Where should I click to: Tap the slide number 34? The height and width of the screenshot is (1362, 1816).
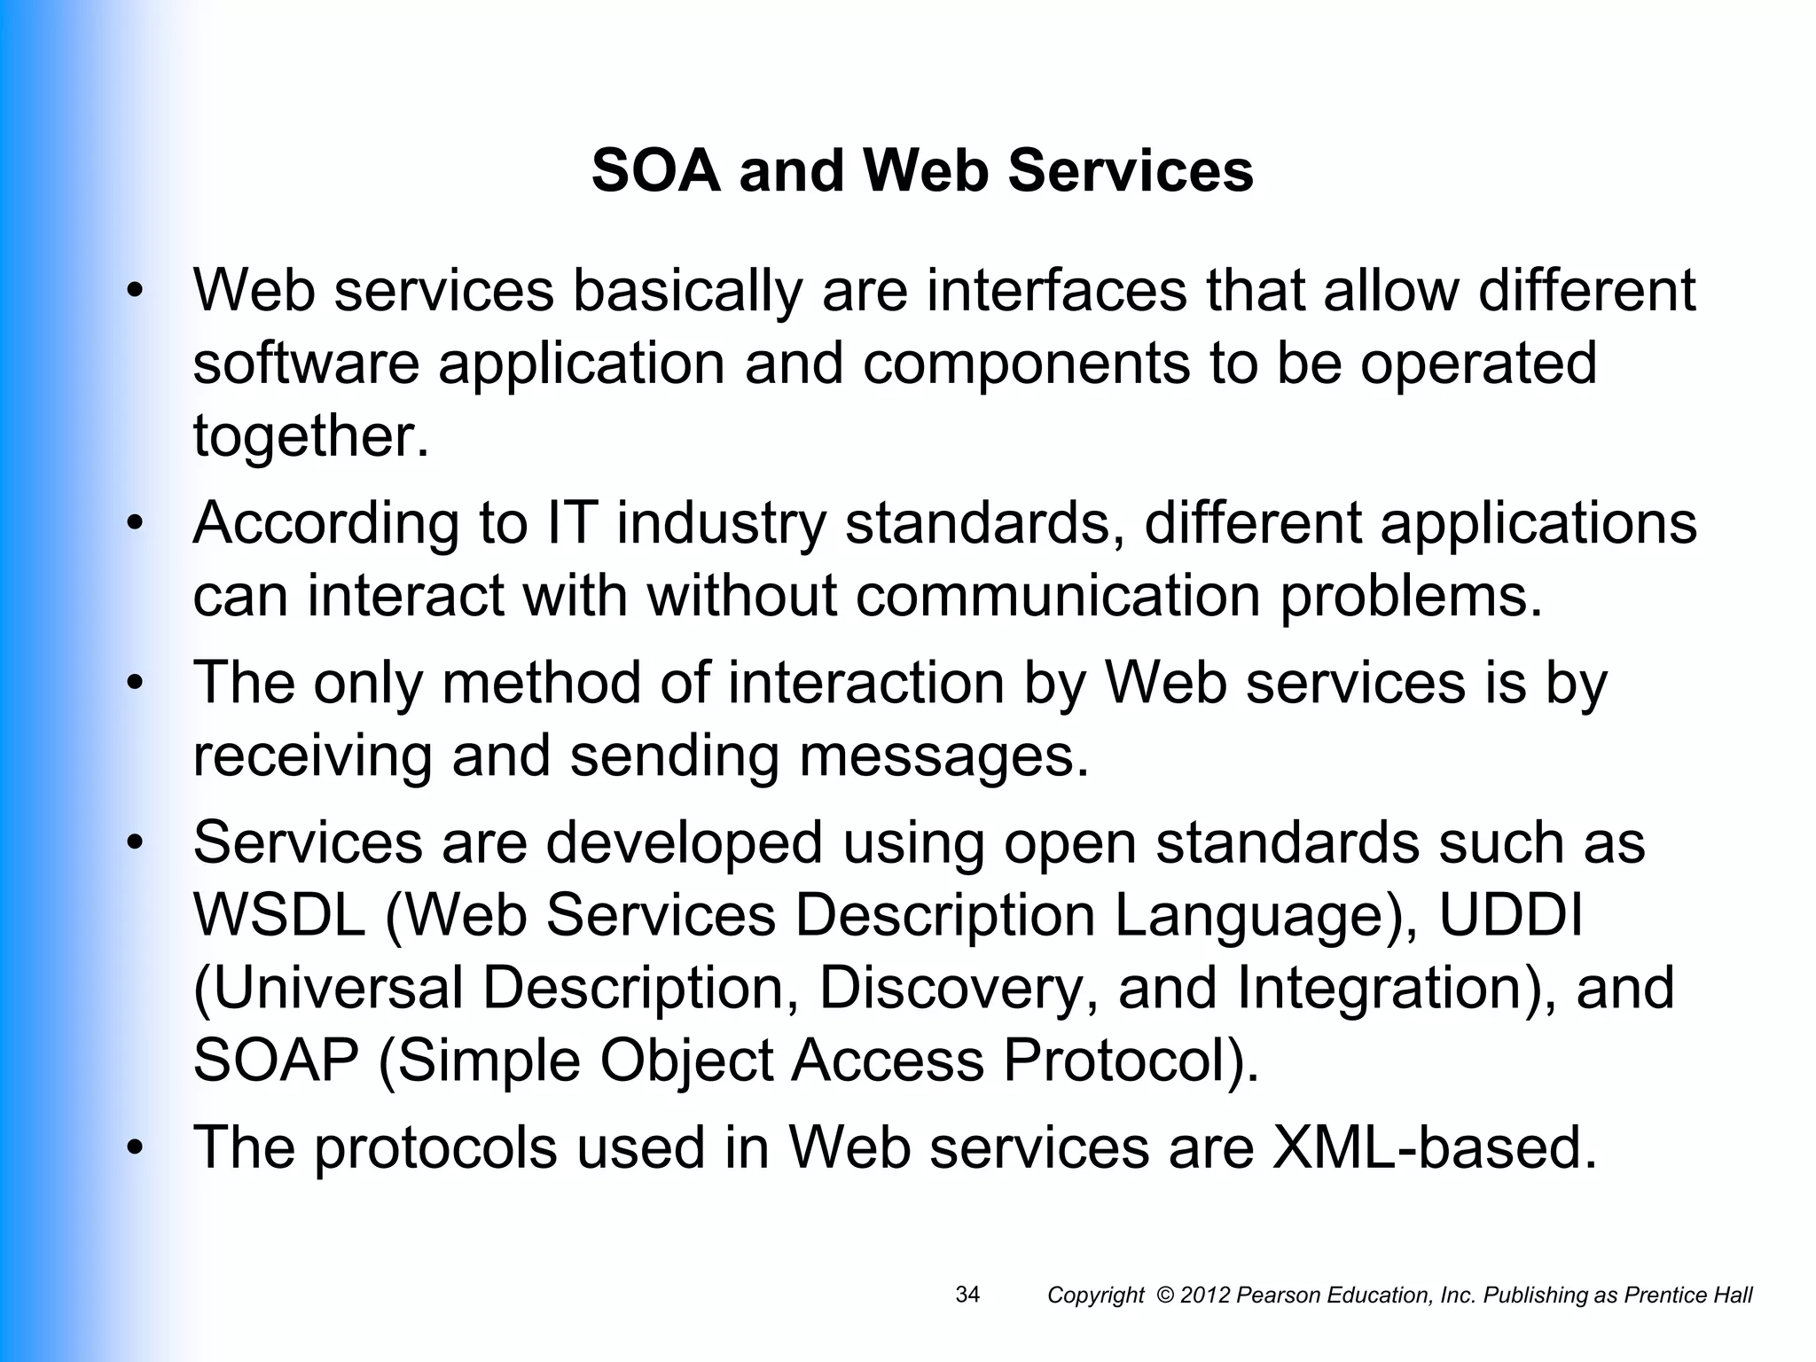(967, 1295)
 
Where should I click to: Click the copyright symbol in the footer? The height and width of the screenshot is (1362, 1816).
(1165, 1295)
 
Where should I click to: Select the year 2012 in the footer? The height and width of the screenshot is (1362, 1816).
(1205, 1295)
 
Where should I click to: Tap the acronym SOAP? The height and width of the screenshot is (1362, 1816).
(276, 1060)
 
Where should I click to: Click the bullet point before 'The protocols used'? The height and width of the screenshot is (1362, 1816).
(134, 1148)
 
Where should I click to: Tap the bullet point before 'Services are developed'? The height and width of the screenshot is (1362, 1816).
(134, 842)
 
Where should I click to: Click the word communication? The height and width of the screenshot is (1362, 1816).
(1058, 595)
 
